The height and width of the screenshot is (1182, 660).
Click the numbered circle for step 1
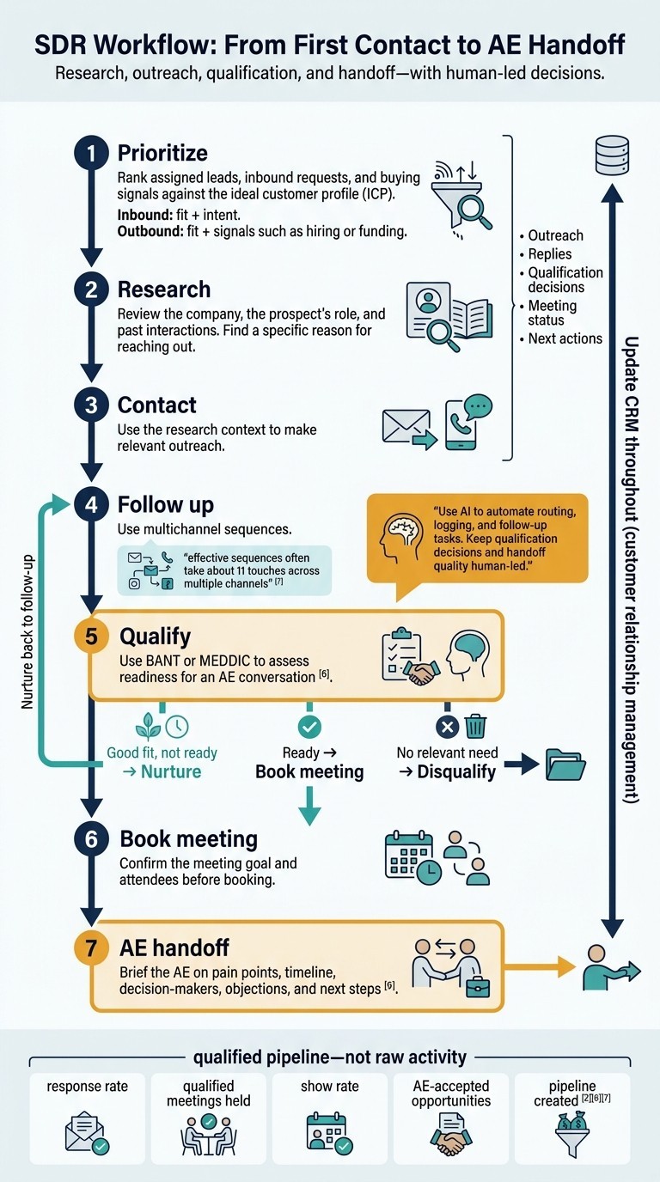point(91,153)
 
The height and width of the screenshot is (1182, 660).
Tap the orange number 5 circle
point(91,637)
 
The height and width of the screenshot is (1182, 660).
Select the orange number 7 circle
point(91,947)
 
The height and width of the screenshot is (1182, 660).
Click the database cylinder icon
point(612,155)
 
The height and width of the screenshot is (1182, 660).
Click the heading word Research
point(163,289)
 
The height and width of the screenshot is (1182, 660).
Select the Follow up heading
point(165,504)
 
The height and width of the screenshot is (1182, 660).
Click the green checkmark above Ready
point(309,727)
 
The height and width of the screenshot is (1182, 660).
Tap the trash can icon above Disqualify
point(476,727)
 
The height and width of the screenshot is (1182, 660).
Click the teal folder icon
point(565,764)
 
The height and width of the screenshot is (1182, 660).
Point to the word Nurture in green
point(170,771)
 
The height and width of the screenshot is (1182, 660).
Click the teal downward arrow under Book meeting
point(309,805)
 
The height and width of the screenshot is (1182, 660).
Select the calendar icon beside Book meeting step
point(412,857)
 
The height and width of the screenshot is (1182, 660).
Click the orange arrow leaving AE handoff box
point(539,968)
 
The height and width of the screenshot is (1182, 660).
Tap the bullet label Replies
point(550,253)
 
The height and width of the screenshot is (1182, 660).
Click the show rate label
point(329,1086)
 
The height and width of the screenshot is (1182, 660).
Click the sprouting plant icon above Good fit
point(148,726)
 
